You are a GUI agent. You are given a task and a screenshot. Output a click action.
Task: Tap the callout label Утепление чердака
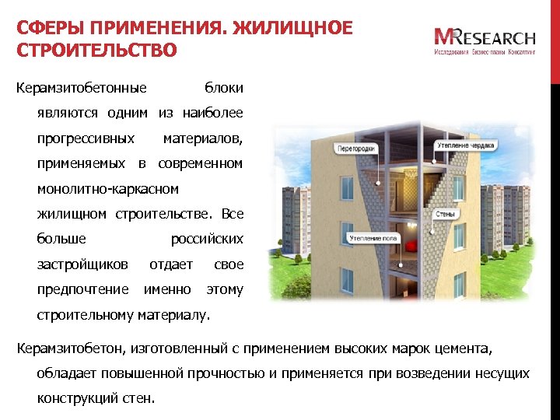coord(464,145)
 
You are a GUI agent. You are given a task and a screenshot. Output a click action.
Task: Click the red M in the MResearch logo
coord(444,37)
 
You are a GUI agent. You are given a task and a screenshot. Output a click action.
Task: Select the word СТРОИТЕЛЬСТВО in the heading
coord(96,51)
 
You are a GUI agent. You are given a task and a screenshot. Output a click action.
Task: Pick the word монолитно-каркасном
coord(108,189)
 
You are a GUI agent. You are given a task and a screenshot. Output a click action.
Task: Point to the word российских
coord(207,239)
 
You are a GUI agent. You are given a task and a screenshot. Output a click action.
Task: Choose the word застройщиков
coord(82,264)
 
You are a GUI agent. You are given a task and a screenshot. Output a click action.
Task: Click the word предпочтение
coord(83,289)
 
